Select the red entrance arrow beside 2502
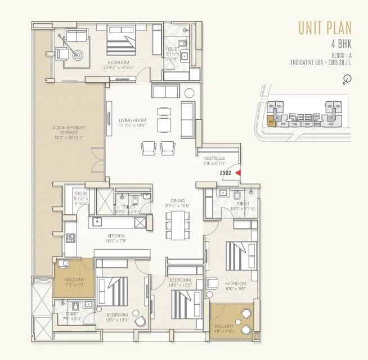pos(239,173)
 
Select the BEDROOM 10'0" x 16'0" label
pos(235,286)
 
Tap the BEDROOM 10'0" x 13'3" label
pos(118,317)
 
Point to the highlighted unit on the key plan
pos(271,119)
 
